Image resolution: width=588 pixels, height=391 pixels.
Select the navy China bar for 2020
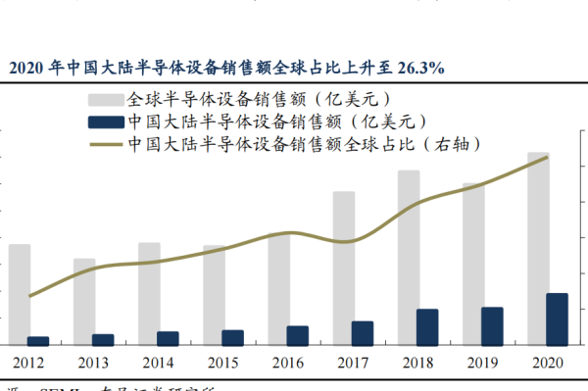pos(556,318)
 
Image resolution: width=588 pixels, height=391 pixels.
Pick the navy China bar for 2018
pos(426,327)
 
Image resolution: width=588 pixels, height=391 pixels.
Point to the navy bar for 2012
pos(38,341)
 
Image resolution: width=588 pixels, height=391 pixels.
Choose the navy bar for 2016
pos(297,335)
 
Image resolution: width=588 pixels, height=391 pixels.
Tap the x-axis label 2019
pos(481,363)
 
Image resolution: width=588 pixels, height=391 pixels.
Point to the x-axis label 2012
pos(27,363)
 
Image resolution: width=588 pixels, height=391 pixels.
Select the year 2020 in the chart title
pos(27,68)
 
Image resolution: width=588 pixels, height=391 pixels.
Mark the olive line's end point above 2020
pos(547,157)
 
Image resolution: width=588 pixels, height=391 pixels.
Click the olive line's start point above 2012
pos(29,296)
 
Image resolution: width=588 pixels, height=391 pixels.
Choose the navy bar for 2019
pos(491,326)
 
